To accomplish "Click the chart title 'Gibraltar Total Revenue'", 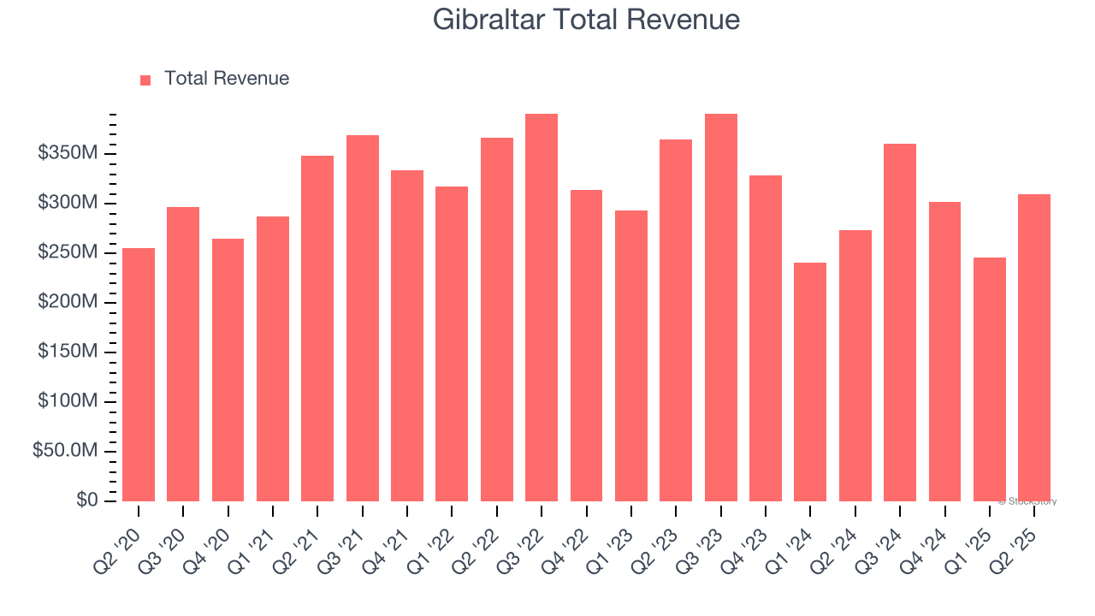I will [586, 19].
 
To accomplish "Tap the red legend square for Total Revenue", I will [145, 80].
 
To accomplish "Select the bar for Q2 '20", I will [139, 375].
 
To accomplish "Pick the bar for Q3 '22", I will [542, 307].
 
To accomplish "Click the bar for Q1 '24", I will [810, 382].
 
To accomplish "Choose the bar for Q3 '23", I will [720, 307].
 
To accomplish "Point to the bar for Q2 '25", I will [1034, 347].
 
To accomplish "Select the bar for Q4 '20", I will [228, 370].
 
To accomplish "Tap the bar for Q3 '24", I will [900, 323].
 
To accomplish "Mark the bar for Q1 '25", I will [990, 379].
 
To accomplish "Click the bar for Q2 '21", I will [317, 329].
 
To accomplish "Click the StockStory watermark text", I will [1027, 501].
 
